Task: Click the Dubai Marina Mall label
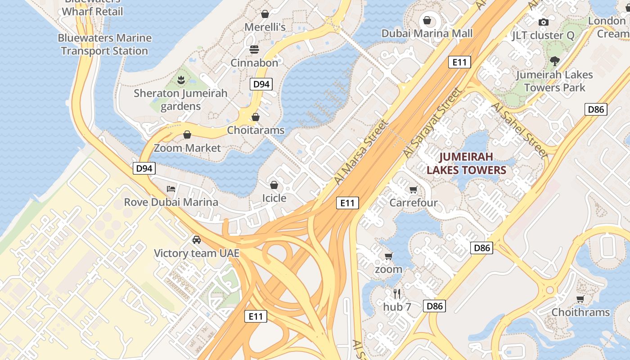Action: [427, 33]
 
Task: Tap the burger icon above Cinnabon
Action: [254, 49]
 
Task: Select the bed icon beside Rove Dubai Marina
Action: [171, 189]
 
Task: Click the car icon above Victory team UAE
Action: [197, 239]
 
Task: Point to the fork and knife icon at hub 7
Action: [397, 294]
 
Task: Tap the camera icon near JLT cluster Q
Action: [544, 22]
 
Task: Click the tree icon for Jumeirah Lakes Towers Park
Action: [554, 61]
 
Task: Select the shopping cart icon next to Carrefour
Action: [413, 189]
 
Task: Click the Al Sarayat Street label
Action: [432, 122]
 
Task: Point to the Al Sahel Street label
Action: [520, 130]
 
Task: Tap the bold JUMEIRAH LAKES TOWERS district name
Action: [466, 163]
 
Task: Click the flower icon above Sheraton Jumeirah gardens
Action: [181, 81]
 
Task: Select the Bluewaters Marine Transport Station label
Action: [104, 44]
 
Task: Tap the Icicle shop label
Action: [274, 198]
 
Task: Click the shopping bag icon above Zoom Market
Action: [187, 135]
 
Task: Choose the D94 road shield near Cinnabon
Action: [261, 84]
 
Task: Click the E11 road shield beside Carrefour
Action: [347, 203]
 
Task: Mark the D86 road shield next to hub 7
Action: [435, 306]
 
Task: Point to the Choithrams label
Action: [580, 312]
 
